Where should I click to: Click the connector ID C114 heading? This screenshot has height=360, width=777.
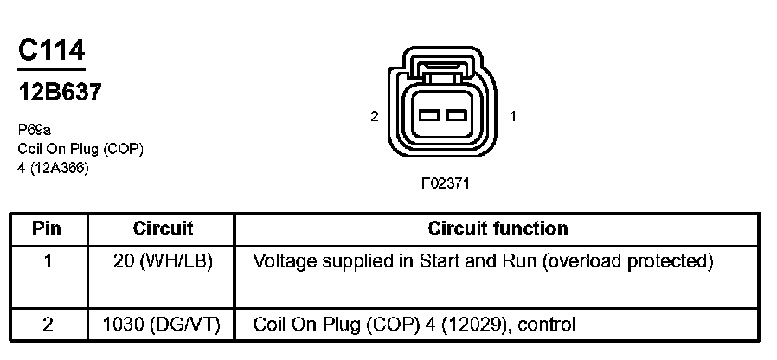point(51,50)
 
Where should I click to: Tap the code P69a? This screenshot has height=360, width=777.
point(35,132)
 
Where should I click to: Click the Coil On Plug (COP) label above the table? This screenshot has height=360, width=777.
point(80,149)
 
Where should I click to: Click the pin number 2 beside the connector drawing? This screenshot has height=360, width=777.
point(374,116)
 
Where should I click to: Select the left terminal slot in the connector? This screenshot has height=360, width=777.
point(429,115)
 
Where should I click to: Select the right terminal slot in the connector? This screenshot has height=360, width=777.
point(456,115)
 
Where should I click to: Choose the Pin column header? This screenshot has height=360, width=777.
point(47,229)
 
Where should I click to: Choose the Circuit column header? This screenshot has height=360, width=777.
point(163,229)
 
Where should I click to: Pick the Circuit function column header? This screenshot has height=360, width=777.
point(498,229)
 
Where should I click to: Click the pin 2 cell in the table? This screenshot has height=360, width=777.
point(47,325)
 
